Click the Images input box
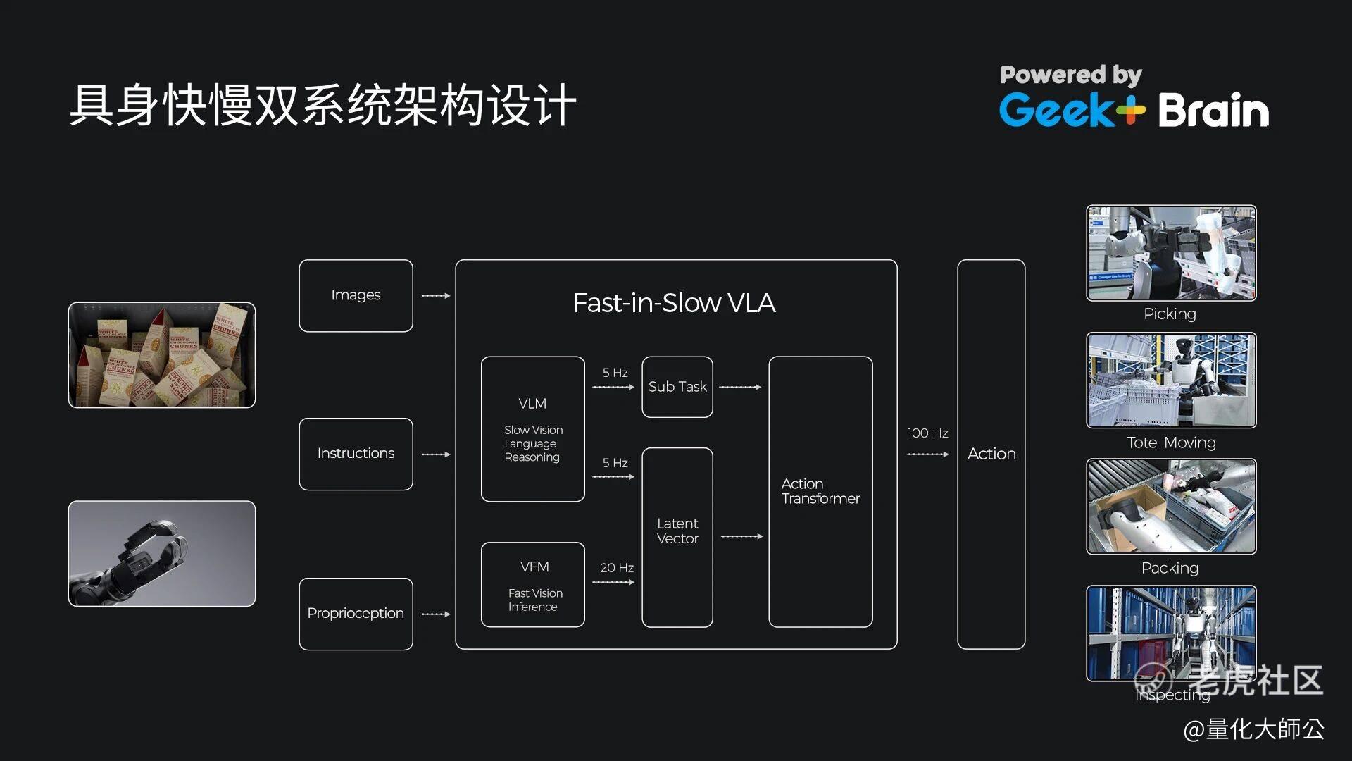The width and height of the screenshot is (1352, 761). coord(356,295)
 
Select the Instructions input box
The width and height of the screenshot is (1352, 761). coord(356,454)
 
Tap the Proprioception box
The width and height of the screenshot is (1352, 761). coord(356,613)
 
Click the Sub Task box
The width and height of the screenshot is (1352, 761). coord(677,387)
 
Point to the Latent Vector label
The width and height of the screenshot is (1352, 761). coord(677,531)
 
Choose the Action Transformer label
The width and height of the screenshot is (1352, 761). coord(820,491)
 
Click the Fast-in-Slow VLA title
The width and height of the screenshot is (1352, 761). coord(674,303)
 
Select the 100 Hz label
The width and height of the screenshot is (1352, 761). coord(927,433)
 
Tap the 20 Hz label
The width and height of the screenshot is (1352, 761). coord(617,568)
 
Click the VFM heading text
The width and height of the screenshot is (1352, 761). coord(534,567)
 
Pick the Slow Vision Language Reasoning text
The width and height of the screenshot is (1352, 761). coord(533,443)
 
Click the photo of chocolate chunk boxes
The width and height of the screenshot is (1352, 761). coord(162,355)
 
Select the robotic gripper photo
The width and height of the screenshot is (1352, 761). coord(162,553)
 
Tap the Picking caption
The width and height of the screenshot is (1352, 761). coord(1170,314)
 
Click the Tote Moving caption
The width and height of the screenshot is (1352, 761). coord(1171,443)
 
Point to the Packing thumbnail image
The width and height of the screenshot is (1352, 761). coord(1171,506)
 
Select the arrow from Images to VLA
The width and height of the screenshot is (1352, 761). coord(435,296)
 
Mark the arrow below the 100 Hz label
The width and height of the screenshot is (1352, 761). coord(927,454)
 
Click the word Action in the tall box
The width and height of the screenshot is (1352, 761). coord(991,454)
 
